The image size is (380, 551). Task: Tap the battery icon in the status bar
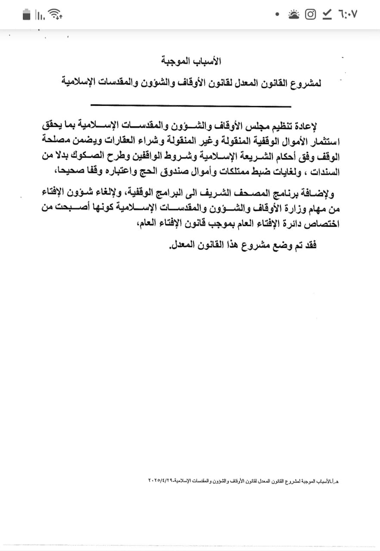27,15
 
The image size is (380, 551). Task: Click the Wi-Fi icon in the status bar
55,15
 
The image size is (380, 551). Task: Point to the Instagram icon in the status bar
310,14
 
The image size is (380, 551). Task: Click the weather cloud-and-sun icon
293,14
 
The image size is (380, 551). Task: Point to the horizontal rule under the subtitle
190,105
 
